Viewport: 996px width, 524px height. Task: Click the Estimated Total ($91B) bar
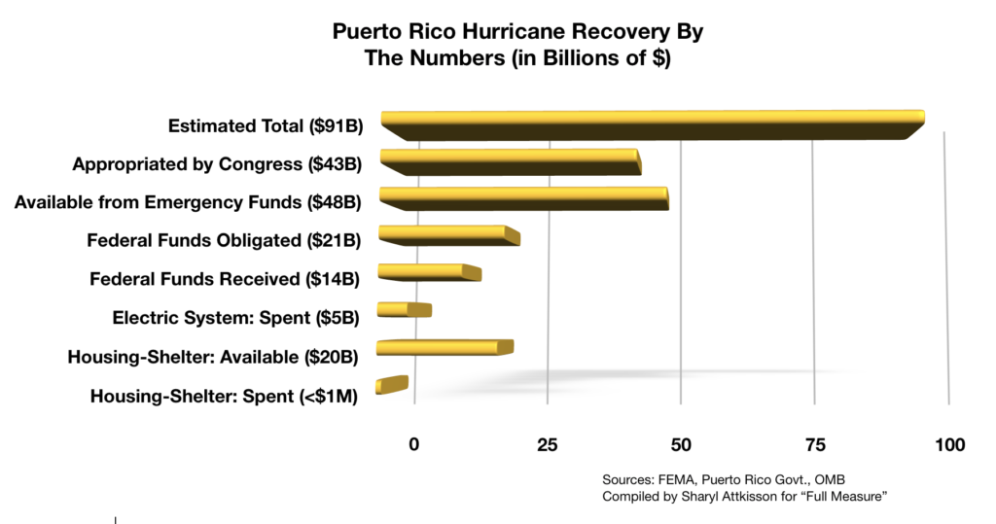(x=653, y=125)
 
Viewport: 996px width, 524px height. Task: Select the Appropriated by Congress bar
(x=511, y=162)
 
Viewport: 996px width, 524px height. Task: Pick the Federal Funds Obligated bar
(x=449, y=235)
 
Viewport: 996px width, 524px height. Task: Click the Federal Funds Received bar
(x=429, y=272)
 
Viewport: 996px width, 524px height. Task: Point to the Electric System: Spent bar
(x=405, y=309)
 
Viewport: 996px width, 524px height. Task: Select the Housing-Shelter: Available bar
(x=445, y=347)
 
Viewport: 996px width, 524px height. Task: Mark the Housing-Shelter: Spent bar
(x=392, y=385)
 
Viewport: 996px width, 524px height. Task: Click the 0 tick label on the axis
(x=414, y=444)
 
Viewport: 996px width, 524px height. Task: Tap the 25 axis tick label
(x=547, y=444)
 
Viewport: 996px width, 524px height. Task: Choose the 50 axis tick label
(x=681, y=444)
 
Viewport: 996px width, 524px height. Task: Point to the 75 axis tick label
(x=816, y=444)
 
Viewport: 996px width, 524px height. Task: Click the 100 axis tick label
(x=950, y=444)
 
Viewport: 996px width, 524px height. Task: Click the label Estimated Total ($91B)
(x=266, y=125)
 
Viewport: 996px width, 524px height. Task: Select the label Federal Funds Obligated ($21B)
(x=224, y=240)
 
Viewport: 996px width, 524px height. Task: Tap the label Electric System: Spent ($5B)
(x=235, y=318)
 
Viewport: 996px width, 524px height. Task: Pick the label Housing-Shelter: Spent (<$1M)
(x=225, y=396)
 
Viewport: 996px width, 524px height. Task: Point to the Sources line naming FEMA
(x=724, y=479)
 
